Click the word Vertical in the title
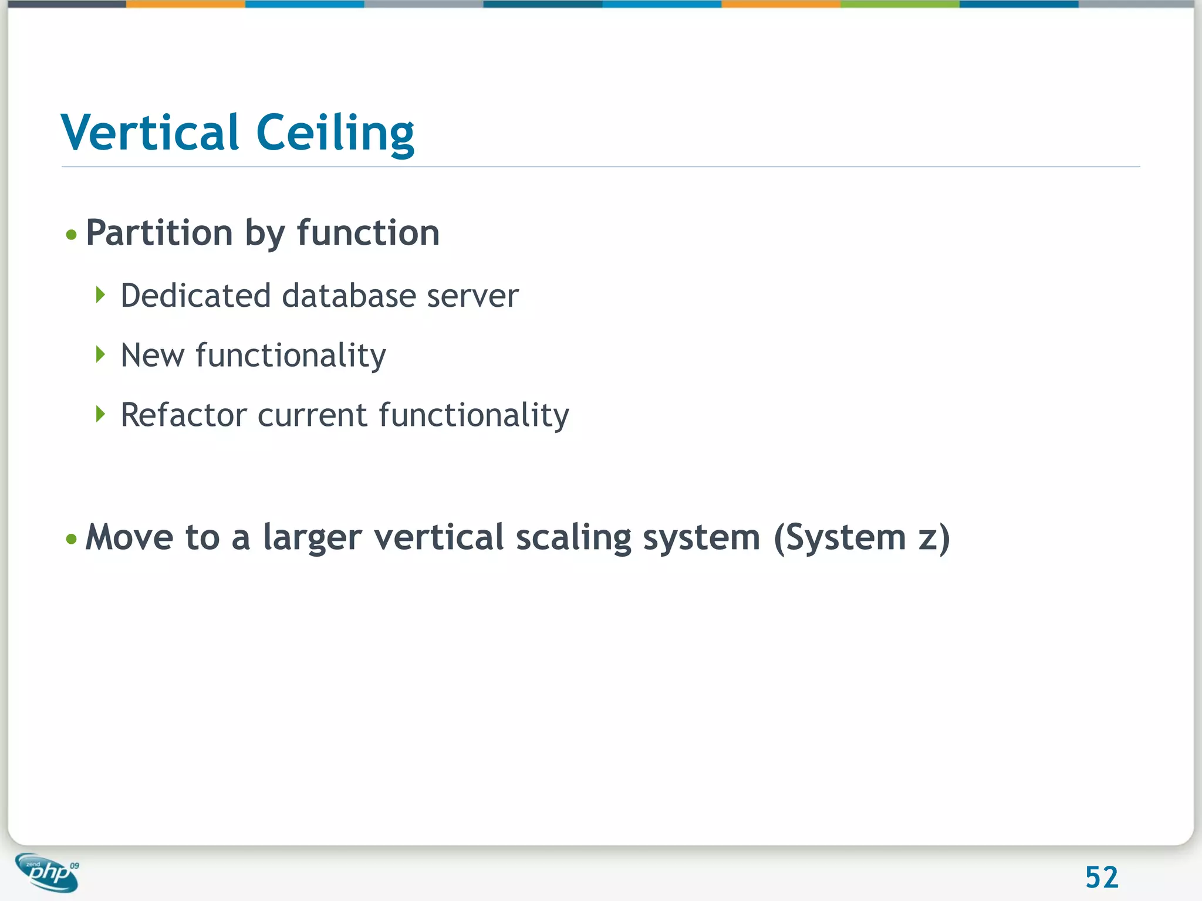150,133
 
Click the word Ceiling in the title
335,134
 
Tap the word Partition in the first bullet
159,233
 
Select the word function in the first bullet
368,233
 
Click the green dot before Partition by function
72,235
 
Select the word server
472,296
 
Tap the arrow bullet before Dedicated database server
100,294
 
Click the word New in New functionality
152,355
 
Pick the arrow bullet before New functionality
100,354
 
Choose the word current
312,416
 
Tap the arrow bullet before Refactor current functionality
100,414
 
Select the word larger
312,538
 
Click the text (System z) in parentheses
861,538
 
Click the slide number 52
1102,878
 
